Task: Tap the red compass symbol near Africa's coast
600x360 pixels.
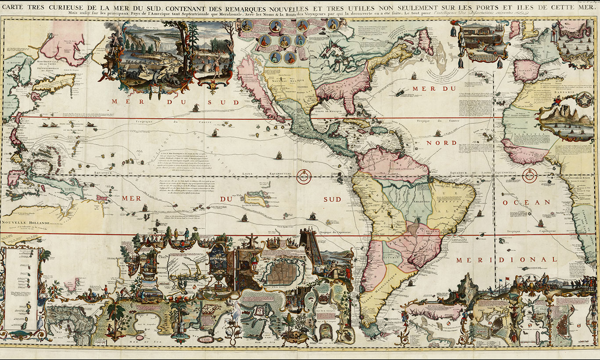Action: point(530,176)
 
